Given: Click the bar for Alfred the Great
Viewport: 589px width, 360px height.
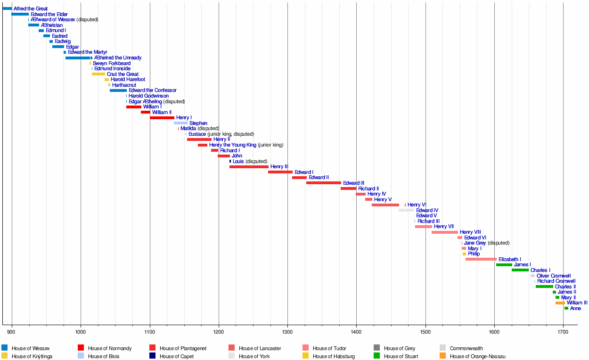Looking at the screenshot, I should [7, 8].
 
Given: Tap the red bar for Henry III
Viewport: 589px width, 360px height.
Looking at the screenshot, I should [249, 167].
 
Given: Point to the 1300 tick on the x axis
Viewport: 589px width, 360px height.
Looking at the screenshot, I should [287, 332].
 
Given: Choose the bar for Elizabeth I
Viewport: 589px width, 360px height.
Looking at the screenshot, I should [481, 259].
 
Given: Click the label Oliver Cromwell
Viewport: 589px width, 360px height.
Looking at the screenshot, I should [554, 276].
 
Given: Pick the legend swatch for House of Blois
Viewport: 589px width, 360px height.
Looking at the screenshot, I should [82, 356].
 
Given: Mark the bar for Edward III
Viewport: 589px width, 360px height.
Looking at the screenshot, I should [323, 183].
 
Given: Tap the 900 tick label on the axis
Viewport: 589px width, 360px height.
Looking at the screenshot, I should [12, 332].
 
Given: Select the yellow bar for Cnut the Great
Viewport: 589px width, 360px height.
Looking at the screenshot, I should [98, 74].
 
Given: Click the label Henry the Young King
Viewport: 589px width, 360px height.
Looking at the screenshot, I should [233, 145].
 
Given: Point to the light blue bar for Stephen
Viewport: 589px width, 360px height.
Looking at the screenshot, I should [180, 123].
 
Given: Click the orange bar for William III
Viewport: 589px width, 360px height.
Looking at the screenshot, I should [560, 303].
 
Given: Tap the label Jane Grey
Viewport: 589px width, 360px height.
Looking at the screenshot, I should [474, 243].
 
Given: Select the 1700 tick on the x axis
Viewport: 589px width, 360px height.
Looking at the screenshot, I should [563, 332].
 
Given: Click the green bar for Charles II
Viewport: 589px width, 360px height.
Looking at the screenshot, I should [544, 286].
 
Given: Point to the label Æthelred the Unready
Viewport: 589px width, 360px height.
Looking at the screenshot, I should [118, 58].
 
